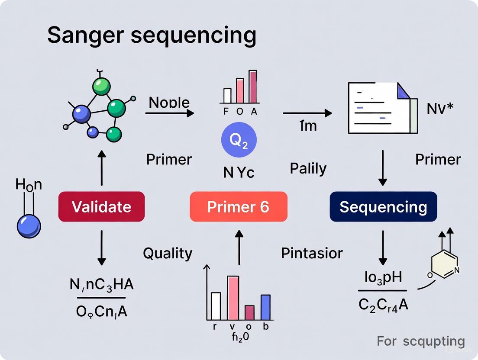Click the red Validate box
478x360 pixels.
click(101, 207)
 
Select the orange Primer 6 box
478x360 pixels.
click(239, 207)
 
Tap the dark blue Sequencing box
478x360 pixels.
click(383, 207)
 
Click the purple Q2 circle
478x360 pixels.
click(239, 140)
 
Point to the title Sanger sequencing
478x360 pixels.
click(152, 35)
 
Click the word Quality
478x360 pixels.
click(168, 253)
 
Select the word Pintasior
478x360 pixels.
click(312, 253)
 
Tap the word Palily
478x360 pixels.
click(308, 168)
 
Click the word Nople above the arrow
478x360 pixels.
click(169, 103)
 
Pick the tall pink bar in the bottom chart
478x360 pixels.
click(233, 297)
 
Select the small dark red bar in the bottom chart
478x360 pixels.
click(249, 312)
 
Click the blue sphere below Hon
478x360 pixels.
click(29, 226)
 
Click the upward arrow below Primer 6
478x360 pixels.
click(239, 247)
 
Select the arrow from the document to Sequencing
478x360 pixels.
click(383, 168)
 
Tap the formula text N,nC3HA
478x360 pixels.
click(101, 285)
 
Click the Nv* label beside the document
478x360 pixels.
click(440, 109)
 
